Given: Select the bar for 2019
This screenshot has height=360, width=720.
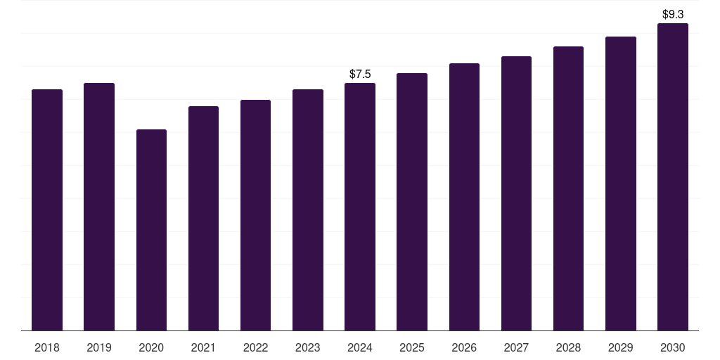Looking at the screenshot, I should click(99, 207).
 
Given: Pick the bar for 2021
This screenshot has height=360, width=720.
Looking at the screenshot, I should click(203, 218).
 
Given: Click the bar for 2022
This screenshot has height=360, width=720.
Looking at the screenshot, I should click(255, 215).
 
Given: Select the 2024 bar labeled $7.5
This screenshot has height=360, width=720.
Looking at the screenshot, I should click(360, 207).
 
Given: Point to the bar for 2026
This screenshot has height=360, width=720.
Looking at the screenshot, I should click(464, 197).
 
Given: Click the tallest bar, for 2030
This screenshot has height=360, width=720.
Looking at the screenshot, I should click(673, 176).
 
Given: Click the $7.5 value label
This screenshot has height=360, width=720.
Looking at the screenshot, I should click(360, 74).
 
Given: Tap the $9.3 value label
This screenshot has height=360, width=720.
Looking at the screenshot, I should click(673, 14).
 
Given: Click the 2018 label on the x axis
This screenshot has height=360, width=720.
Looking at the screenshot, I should click(47, 347).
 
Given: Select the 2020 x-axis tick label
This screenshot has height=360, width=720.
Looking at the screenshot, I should click(151, 347).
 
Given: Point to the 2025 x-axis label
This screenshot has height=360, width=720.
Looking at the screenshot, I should click(412, 347).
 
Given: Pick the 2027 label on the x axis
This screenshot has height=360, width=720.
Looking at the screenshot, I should click(516, 347).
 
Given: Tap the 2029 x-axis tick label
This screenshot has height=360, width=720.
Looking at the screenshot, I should click(620, 347).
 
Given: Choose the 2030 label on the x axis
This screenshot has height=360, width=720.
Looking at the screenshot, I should click(673, 347).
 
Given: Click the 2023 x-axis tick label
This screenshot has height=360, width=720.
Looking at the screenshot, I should click(308, 347).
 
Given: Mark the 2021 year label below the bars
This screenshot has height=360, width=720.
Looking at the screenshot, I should click(203, 347).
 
